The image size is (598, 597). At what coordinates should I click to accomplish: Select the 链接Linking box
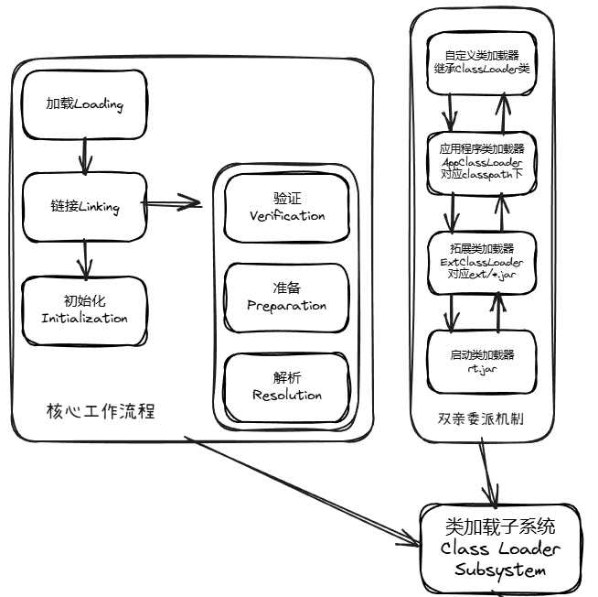[x=84, y=206]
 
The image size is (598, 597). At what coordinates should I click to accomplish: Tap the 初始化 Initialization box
[x=84, y=309]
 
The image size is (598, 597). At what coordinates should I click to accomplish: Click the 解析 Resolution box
[x=287, y=387]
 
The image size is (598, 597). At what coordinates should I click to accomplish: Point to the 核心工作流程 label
[x=101, y=411]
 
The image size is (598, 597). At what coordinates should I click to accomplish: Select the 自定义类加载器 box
[x=482, y=61]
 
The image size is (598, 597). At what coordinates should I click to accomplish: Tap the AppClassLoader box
[x=482, y=160]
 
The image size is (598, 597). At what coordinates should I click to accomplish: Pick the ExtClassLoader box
[x=482, y=261]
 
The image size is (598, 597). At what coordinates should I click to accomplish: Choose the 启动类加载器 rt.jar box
[x=482, y=360]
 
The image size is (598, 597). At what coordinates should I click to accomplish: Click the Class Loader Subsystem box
[x=499, y=547]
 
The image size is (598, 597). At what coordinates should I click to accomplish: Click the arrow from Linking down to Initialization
[x=84, y=257]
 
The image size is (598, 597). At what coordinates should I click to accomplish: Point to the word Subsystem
[x=499, y=570]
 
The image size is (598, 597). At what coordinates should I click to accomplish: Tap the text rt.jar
[x=482, y=368]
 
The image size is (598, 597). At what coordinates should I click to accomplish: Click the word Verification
[x=287, y=216]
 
